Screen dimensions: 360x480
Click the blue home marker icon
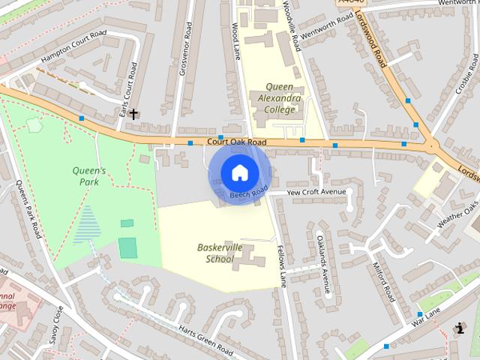coord(238,172)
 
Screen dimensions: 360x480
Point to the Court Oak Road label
coord(237,142)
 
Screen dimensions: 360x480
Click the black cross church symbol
coord(133,115)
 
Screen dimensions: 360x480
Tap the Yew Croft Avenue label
coord(317,192)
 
